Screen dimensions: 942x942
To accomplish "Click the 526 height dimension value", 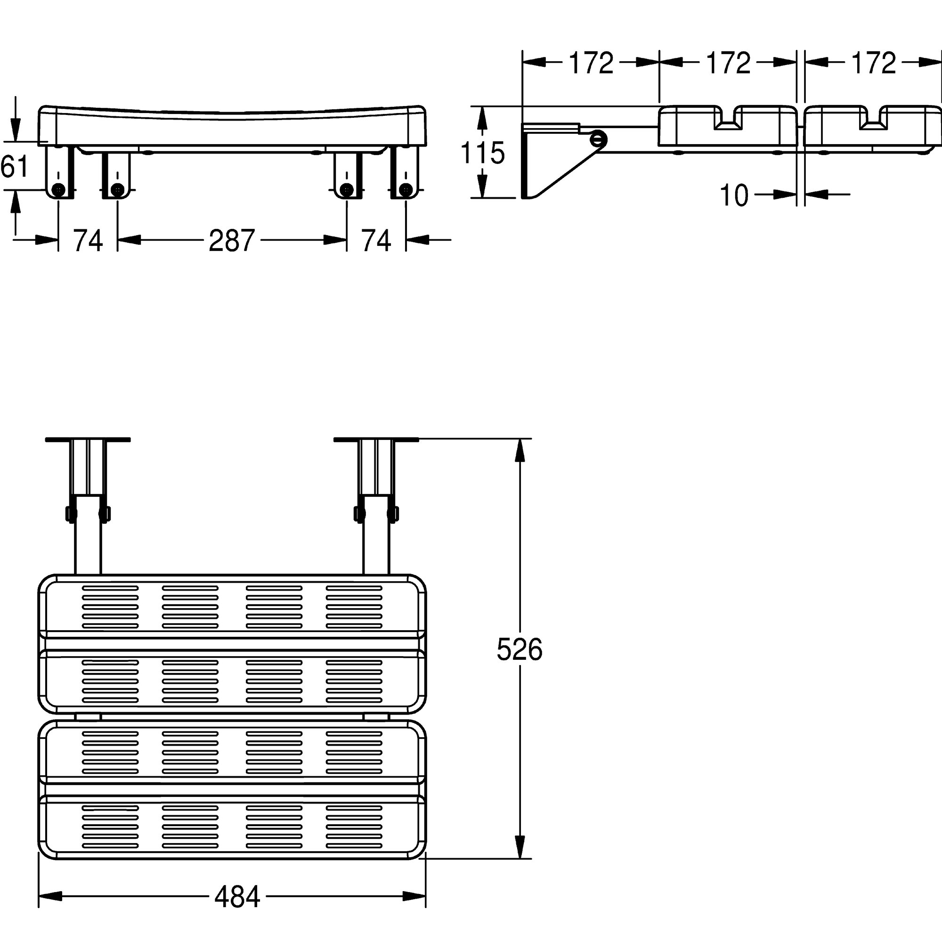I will [519, 650].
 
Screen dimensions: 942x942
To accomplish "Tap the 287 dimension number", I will [232, 240].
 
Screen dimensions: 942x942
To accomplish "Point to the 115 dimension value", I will [483, 153].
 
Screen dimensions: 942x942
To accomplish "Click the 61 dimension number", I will [15, 167].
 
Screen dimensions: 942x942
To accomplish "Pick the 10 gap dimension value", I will [734, 195].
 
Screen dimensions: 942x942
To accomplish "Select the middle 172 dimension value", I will [728, 63].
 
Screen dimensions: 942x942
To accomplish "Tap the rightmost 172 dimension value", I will [873, 63].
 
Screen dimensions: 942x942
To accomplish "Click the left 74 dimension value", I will [88, 240].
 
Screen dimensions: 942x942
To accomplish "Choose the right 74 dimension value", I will [376, 240].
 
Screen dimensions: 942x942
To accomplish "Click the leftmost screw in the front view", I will [59, 190].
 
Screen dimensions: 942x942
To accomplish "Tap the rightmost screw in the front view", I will [405, 189].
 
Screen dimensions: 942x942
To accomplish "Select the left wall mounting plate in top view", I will [88, 440].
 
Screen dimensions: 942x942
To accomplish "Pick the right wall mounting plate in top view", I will [376, 440].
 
